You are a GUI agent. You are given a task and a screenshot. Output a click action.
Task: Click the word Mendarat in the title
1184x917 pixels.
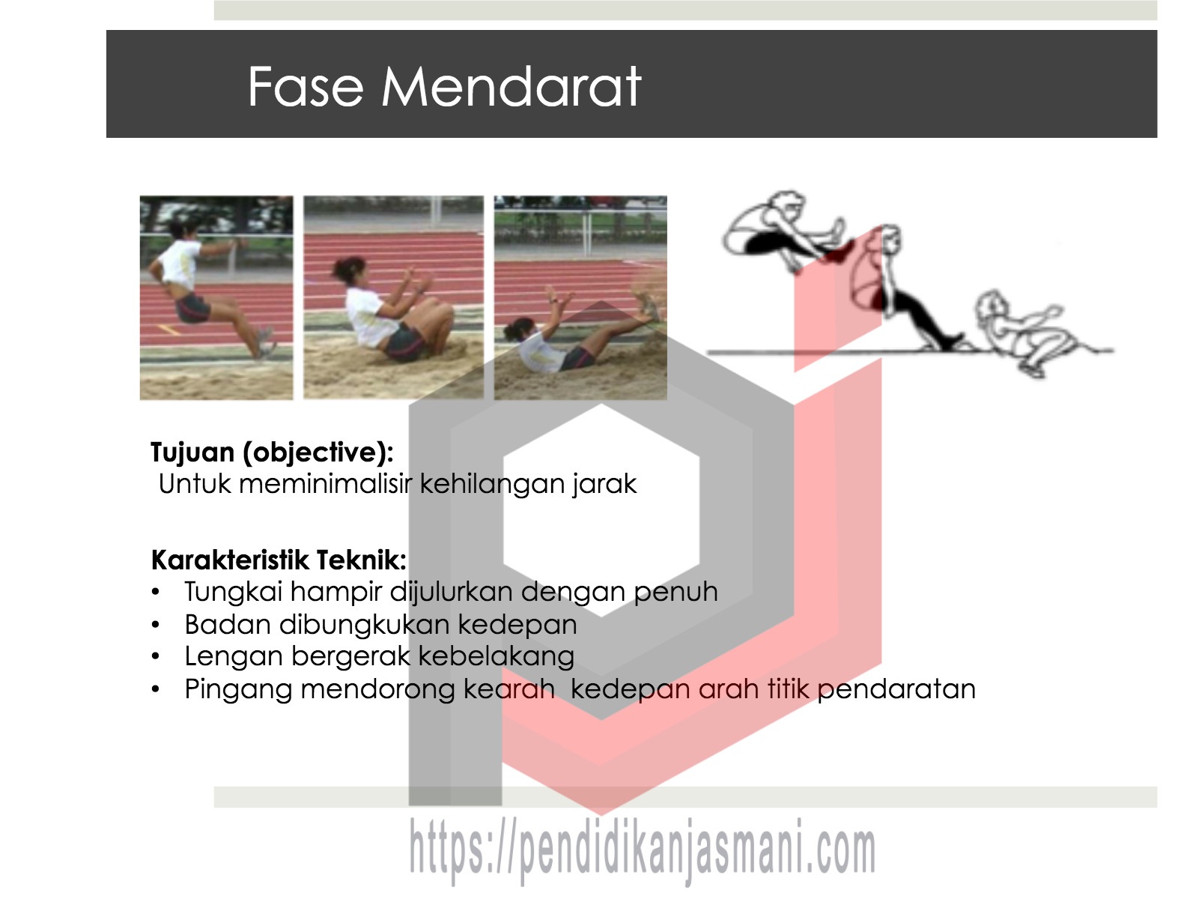[511, 87]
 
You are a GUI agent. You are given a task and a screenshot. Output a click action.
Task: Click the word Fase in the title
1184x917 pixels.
[305, 87]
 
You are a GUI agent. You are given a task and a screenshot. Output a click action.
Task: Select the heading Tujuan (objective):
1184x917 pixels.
[272, 453]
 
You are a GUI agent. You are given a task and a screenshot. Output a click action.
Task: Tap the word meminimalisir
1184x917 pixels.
[325, 484]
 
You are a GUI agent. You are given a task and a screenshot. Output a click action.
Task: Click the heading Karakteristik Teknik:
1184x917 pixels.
[279, 560]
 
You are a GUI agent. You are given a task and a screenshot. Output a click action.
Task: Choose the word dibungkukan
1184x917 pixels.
[365, 624]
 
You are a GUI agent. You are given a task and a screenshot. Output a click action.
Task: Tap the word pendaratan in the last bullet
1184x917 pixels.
[896, 690]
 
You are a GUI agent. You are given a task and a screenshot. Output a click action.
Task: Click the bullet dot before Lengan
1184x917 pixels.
[156, 656]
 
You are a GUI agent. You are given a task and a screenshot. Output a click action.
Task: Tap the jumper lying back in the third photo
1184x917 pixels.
[580, 333]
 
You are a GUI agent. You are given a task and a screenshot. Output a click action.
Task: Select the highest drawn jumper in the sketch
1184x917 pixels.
[785, 231]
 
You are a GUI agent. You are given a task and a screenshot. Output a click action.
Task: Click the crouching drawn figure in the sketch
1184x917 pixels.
[1024, 333]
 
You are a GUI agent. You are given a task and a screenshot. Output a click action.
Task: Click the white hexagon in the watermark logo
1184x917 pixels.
[601, 510]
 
